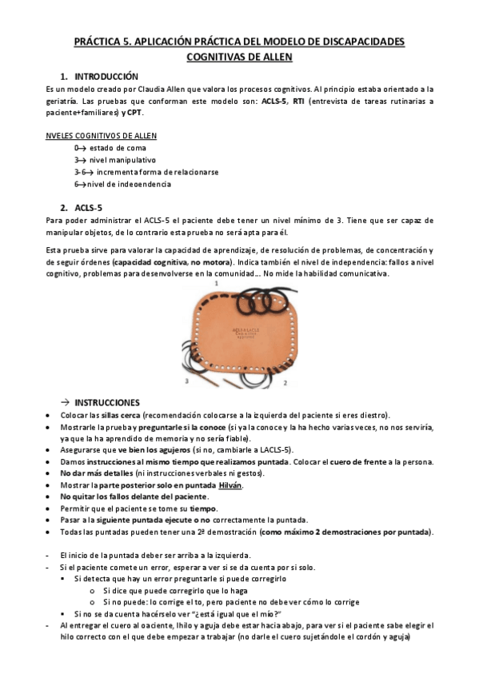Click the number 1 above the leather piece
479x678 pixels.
[216, 283]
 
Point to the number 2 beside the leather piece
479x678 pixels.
[285, 383]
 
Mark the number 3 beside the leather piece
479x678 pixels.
[186, 382]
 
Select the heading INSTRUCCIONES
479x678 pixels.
[106, 402]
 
